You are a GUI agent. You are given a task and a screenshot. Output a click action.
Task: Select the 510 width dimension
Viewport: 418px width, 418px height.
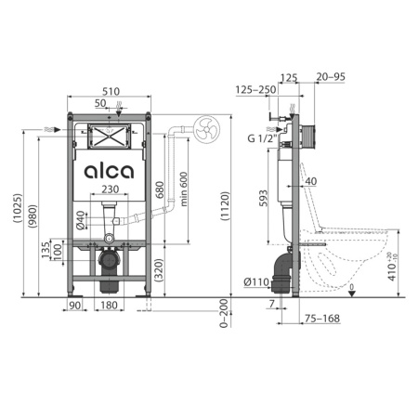(110, 93)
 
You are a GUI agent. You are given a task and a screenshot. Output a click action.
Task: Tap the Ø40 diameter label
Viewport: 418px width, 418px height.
(82, 221)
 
